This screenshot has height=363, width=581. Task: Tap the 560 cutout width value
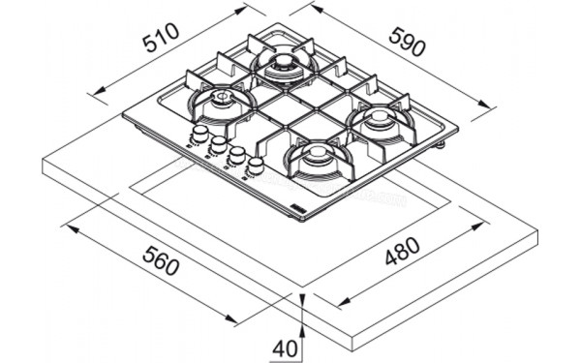tap(160, 261)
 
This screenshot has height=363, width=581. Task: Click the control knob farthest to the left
tap(199, 132)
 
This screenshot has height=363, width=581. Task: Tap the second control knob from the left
tap(218, 143)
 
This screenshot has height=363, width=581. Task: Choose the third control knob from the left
tap(236, 155)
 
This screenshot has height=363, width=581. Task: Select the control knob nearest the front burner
tap(256, 166)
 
